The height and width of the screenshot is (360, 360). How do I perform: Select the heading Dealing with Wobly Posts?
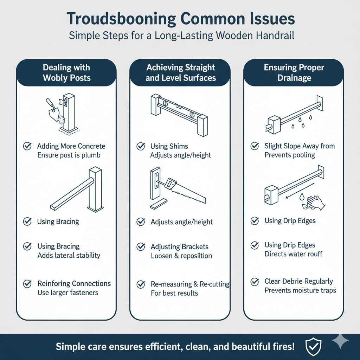coord(66,72)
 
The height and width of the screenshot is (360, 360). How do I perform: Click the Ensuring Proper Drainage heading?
coord(294,72)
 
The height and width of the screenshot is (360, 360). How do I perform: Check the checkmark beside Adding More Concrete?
coord(27,146)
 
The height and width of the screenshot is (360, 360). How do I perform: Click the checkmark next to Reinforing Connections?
coord(27,284)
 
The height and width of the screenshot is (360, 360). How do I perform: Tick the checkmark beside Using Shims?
coord(141,146)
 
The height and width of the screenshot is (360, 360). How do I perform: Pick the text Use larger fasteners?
coord(67,292)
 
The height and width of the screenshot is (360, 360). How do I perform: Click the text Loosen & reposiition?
coord(181,256)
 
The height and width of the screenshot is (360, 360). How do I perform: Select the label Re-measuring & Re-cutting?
coord(190,284)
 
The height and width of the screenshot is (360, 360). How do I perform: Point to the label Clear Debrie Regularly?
coord(298,281)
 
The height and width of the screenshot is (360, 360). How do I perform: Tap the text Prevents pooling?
coord(290,155)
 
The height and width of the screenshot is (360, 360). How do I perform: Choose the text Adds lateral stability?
coord(69,255)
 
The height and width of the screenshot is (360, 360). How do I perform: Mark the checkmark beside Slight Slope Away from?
coord(255,146)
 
